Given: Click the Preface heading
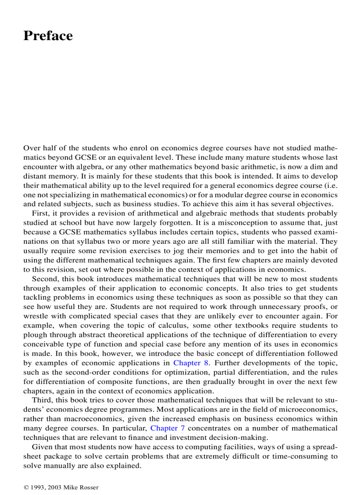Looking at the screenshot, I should click(x=48, y=36).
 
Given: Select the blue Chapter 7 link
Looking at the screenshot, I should click(x=168, y=428).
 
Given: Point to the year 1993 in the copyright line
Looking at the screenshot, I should click(x=37, y=487).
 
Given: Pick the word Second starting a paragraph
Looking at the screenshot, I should click(x=44, y=279).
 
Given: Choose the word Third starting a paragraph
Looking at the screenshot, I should click(x=42, y=400).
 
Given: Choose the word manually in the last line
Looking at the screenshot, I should click(x=61, y=465).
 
